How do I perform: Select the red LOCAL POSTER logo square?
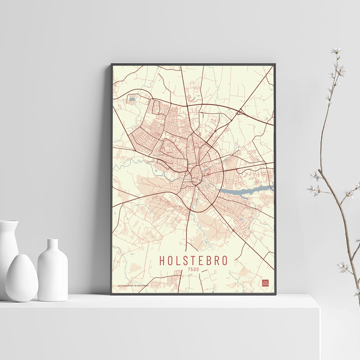(265, 283)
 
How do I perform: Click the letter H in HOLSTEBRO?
(162, 260)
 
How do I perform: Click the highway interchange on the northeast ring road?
(239, 112)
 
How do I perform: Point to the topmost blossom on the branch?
(337, 50)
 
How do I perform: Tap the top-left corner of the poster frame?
(112, 65)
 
